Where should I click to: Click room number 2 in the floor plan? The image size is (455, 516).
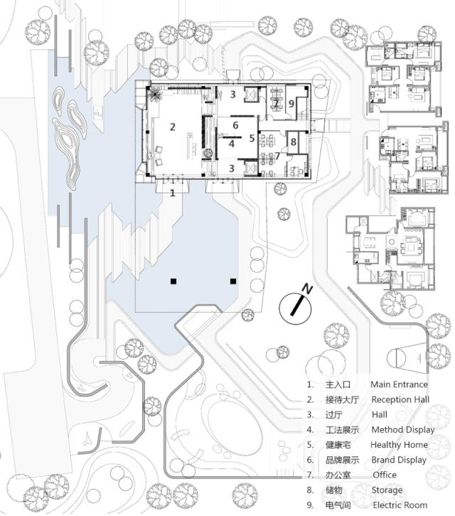click(x=173, y=127)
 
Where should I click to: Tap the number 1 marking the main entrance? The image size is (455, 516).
click(x=173, y=193)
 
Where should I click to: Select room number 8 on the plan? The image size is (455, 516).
click(x=294, y=142)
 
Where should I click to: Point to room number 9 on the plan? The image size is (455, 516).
click(x=291, y=104)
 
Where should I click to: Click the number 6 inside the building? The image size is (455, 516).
click(x=235, y=125)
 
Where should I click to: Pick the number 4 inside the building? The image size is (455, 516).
click(x=232, y=144)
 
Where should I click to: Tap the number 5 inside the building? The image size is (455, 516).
click(x=252, y=138)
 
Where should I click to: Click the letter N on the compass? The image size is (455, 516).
click(x=308, y=289)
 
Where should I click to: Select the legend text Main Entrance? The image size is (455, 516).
click(x=399, y=385)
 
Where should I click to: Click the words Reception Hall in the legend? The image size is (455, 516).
click(x=400, y=399)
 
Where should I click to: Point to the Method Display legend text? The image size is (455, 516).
click(x=403, y=430)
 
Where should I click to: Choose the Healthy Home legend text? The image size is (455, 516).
click(x=399, y=445)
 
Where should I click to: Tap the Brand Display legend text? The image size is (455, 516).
click(x=399, y=460)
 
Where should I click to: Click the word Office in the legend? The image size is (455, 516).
click(x=385, y=475)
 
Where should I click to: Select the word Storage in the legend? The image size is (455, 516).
click(x=387, y=490)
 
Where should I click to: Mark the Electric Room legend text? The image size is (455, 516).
click(x=400, y=505)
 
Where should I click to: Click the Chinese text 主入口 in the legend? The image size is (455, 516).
click(x=338, y=385)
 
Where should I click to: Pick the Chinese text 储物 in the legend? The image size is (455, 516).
click(x=334, y=490)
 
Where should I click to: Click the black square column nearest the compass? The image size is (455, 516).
click(x=233, y=281)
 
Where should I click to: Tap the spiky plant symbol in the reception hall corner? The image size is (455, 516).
click(x=155, y=95)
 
